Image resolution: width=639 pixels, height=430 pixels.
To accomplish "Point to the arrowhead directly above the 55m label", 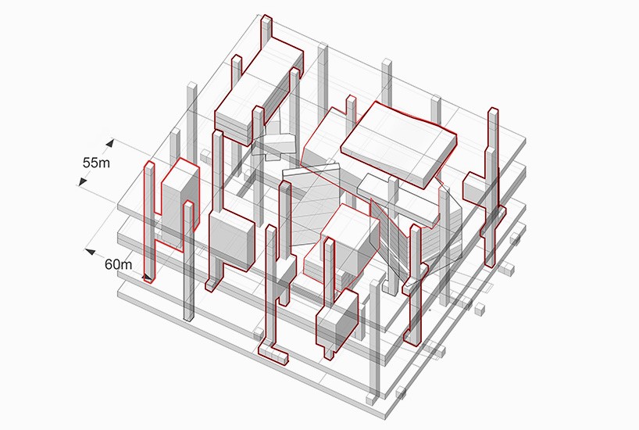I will click(112, 144).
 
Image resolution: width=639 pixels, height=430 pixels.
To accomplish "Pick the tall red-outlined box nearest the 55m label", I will click(177, 195).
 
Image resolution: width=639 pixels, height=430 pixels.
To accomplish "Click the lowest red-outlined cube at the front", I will click(336, 324).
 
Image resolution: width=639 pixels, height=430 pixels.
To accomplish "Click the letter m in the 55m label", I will click(112, 164).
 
